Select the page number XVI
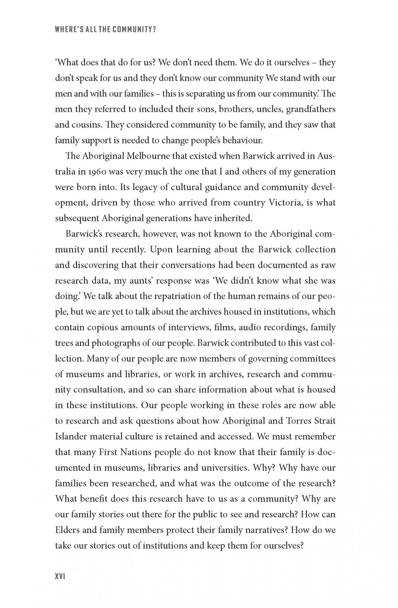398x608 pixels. tap(60, 577)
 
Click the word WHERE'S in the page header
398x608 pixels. tap(67, 30)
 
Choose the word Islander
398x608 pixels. tap(71, 436)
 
